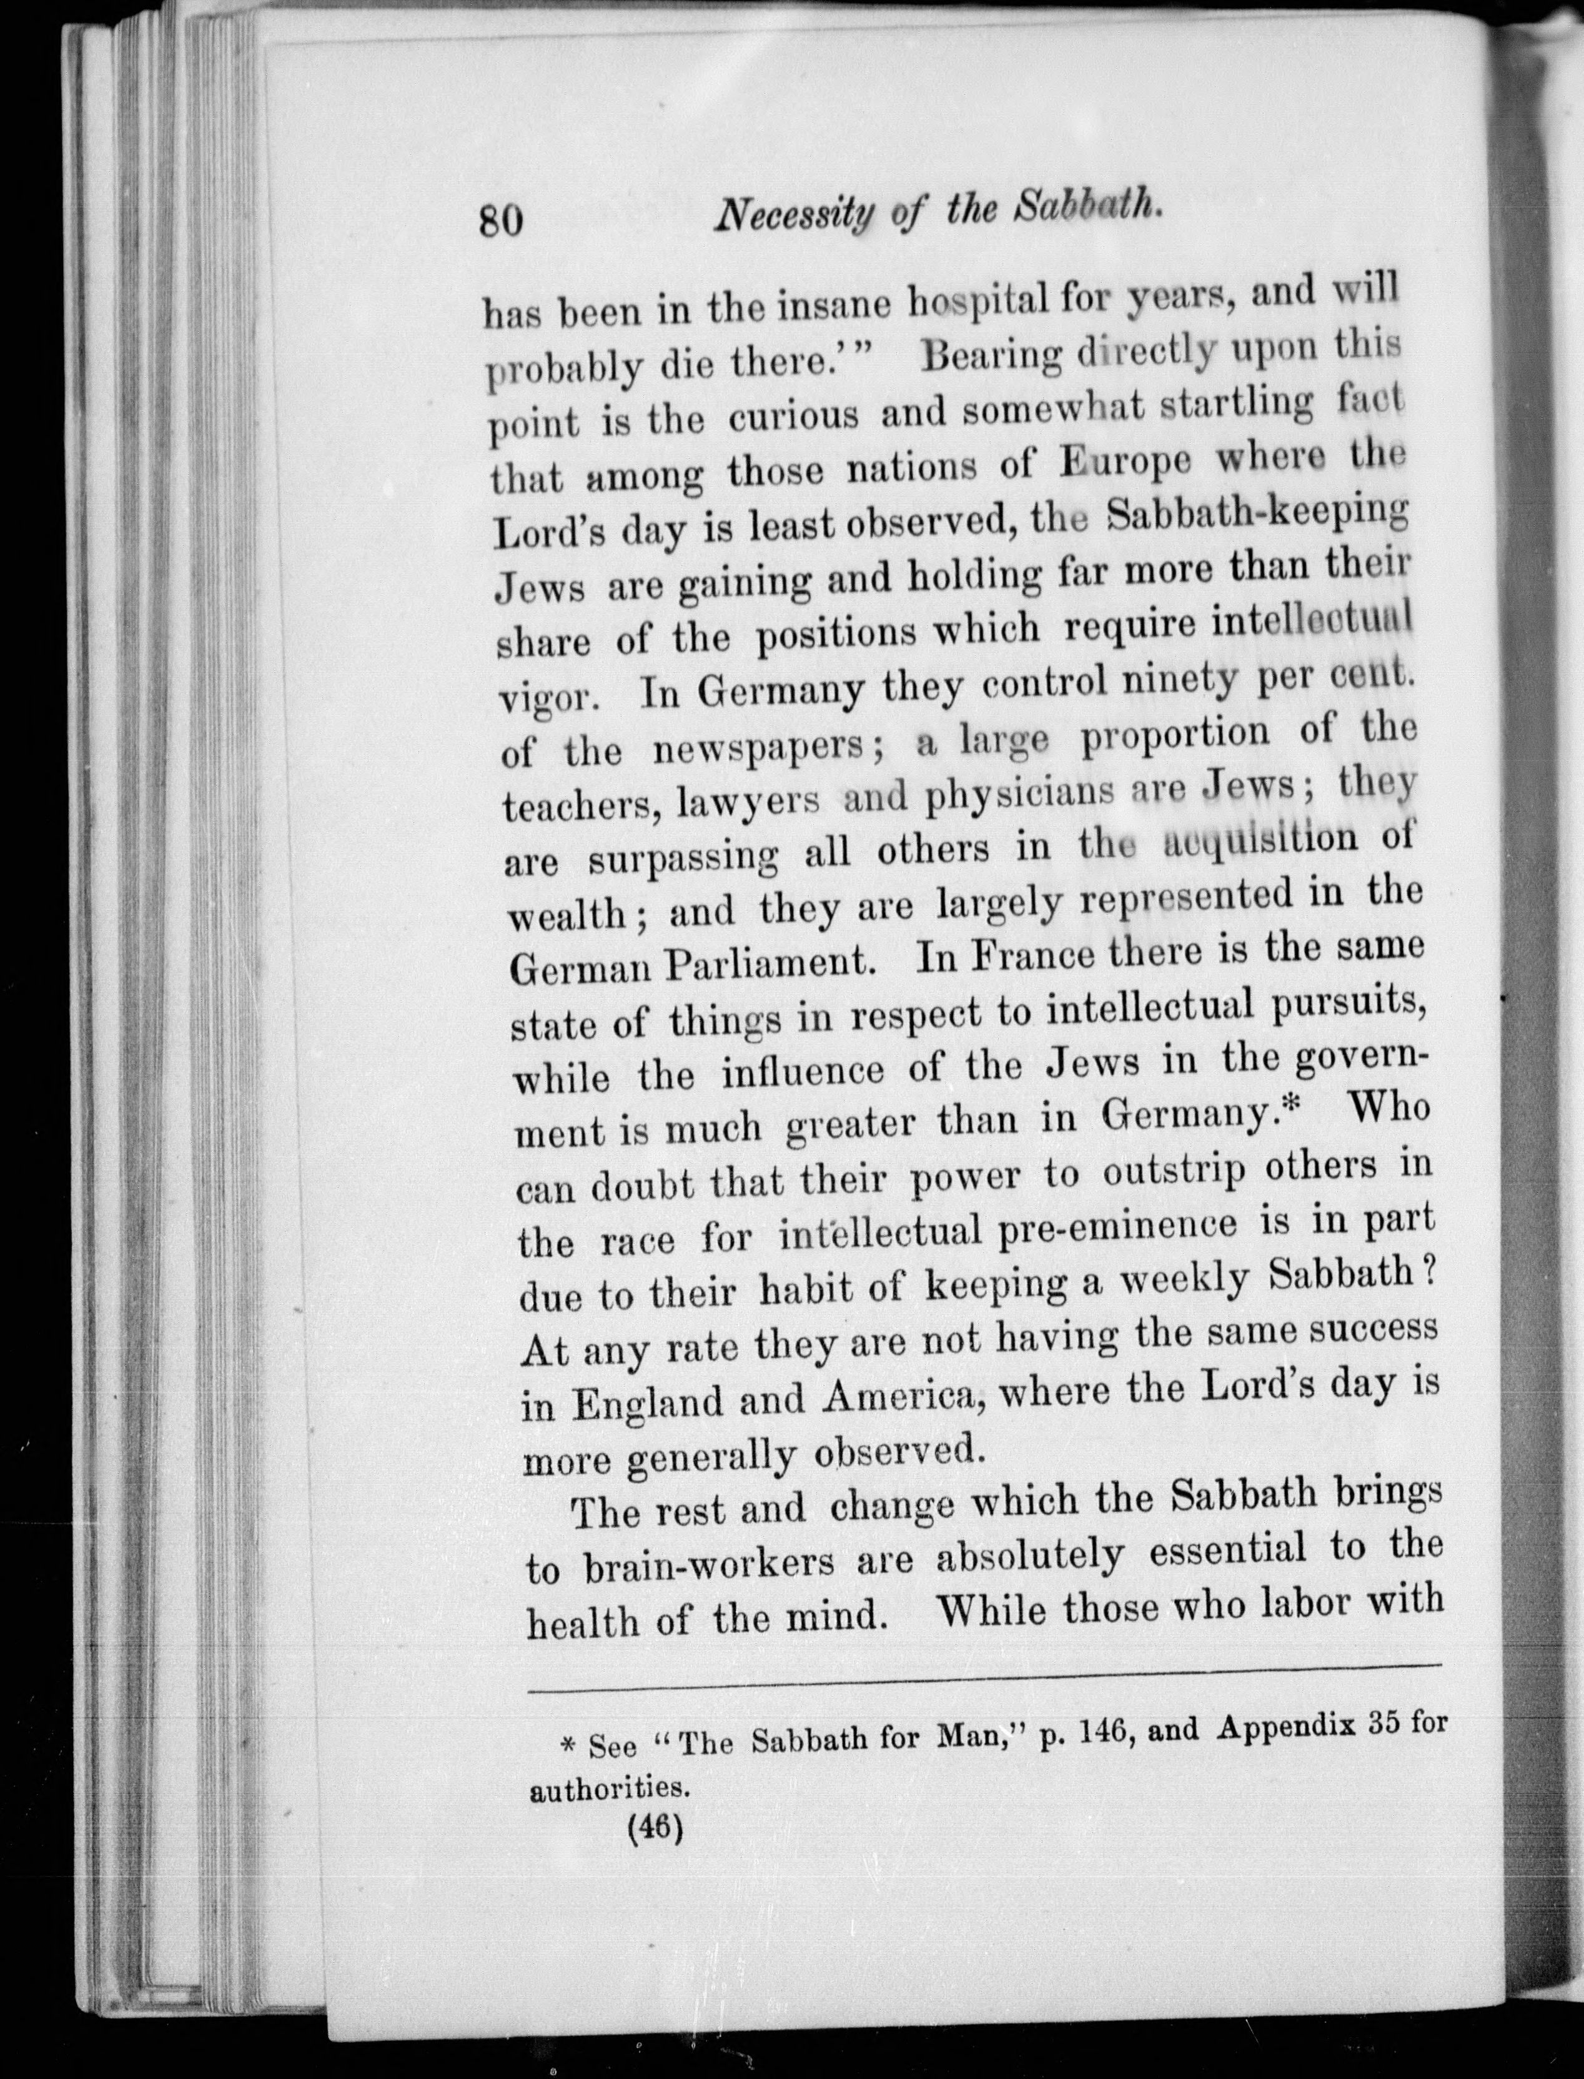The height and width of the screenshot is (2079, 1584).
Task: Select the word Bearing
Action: click(x=989, y=357)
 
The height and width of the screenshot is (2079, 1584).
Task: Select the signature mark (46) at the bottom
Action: click(x=653, y=1828)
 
